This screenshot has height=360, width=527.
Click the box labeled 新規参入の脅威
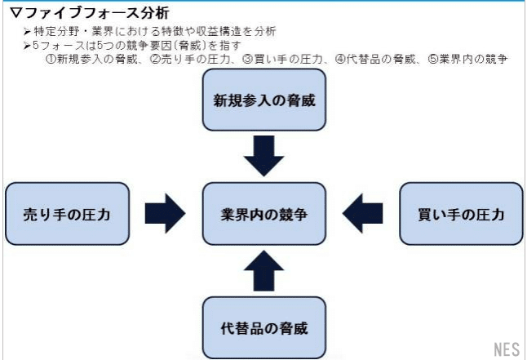(x=263, y=100)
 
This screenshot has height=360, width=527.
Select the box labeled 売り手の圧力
(x=67, y=214)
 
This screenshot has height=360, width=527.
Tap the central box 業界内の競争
(x=263, y=214)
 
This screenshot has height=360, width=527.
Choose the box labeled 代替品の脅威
(x=263, y=327)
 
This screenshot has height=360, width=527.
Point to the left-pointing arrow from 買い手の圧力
(x=361, y=214)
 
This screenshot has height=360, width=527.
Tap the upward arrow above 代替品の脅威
(x=263, y=271)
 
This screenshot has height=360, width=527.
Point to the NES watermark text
(x=506, y=349)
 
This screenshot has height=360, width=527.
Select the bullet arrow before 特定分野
(x=27, y=31)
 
